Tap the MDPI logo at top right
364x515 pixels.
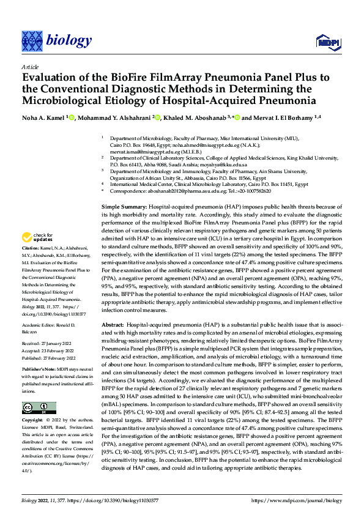coord(324,42)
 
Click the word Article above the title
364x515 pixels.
coord(29,66)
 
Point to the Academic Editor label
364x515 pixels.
coord(43,325)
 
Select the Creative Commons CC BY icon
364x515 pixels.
coord(39,408)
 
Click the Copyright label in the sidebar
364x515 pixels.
coord(32,420)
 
